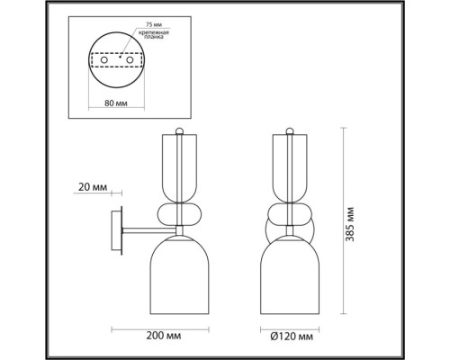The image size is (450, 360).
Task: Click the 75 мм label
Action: click(x=154, y=24)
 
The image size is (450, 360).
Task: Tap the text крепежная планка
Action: click(x=154, y=34)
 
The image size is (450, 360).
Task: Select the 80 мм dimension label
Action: click(x=116, y=103)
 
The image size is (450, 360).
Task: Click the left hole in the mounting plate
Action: click(x=104, y=59)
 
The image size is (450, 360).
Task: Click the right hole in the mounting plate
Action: click(x=130, y=59)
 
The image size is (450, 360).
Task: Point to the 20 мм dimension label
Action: click(x=93, y=187)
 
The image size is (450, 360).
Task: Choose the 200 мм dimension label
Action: click(x=164, y=336)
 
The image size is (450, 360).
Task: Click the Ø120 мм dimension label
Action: click(x=292, y=337)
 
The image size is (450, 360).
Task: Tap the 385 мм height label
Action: click(x=350, y=224)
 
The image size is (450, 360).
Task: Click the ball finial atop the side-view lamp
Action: click(x=179, y=130)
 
